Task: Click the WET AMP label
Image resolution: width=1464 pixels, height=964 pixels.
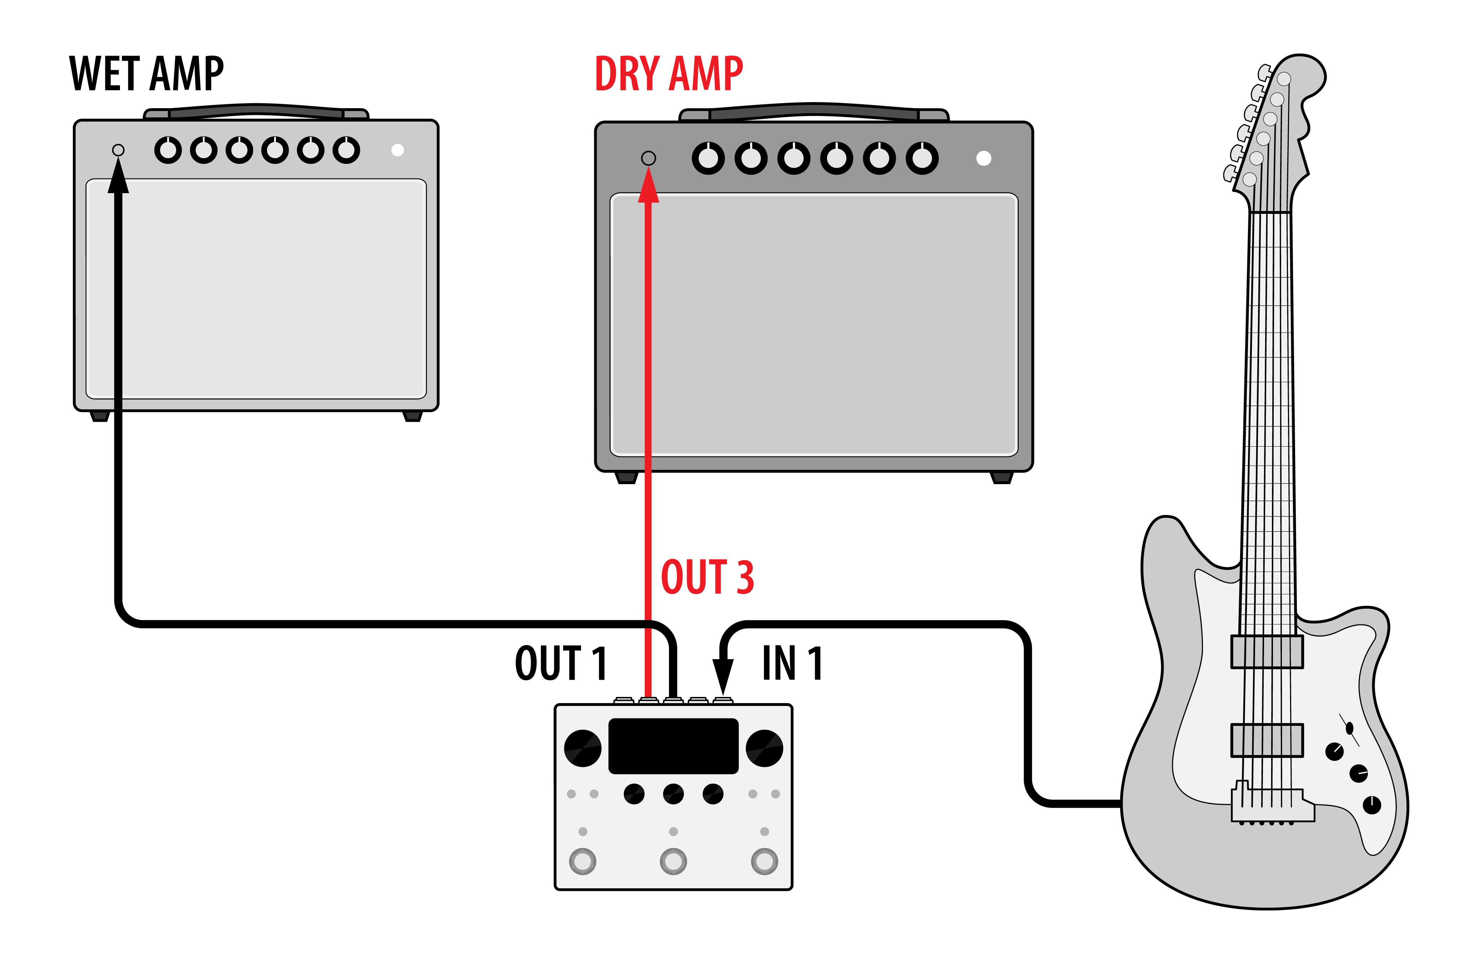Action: coord(146,74)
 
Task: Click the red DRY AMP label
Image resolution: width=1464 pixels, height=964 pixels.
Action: coord(669,74)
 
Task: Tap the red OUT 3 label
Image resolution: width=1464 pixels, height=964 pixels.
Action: coord(707,577)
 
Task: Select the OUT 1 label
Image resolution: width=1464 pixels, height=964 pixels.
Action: coord(561,663)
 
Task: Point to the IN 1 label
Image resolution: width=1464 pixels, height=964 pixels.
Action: coord(792,663)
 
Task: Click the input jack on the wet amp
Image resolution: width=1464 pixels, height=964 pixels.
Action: coord(118,150)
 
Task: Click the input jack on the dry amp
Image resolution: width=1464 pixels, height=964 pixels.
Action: coord(648,158)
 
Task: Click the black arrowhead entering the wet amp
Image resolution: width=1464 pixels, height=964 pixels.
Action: coord(118,177)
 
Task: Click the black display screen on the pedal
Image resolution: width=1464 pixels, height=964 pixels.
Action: coord(673,745)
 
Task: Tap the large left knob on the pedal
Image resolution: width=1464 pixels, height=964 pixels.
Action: coord(582,748)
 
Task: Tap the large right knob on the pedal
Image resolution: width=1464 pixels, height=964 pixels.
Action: coord(764,748)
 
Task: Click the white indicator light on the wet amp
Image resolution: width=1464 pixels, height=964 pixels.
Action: coord(397,150)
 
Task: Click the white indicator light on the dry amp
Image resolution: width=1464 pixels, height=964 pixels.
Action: coord(984,158)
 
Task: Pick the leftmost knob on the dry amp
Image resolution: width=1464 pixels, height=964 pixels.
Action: coord(708,158)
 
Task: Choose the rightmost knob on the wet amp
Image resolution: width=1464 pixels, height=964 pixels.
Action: coord(346,150)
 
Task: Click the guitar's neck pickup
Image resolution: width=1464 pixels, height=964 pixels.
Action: coord(1267,652)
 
